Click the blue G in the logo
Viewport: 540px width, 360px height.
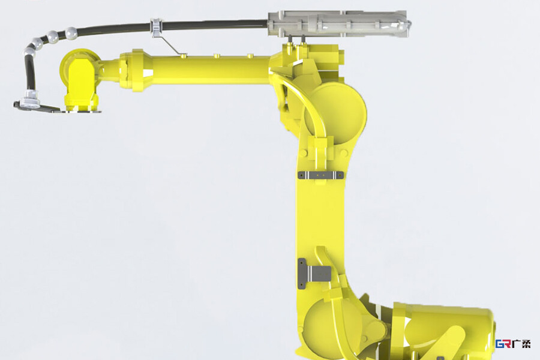click(x=499, y=344)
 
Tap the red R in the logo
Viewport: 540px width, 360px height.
click(x=507, y=344)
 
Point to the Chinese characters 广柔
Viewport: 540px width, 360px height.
click(x=521, y=344)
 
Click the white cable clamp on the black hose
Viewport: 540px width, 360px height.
click(x=156, y=27)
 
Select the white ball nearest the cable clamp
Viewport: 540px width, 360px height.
click(x=71, y=33)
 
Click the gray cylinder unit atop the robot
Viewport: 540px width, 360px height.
click(x=339, y=24)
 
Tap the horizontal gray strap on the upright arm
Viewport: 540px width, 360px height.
click(x=320, y=175)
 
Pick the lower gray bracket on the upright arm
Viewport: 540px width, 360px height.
click(x=313, y=274)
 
